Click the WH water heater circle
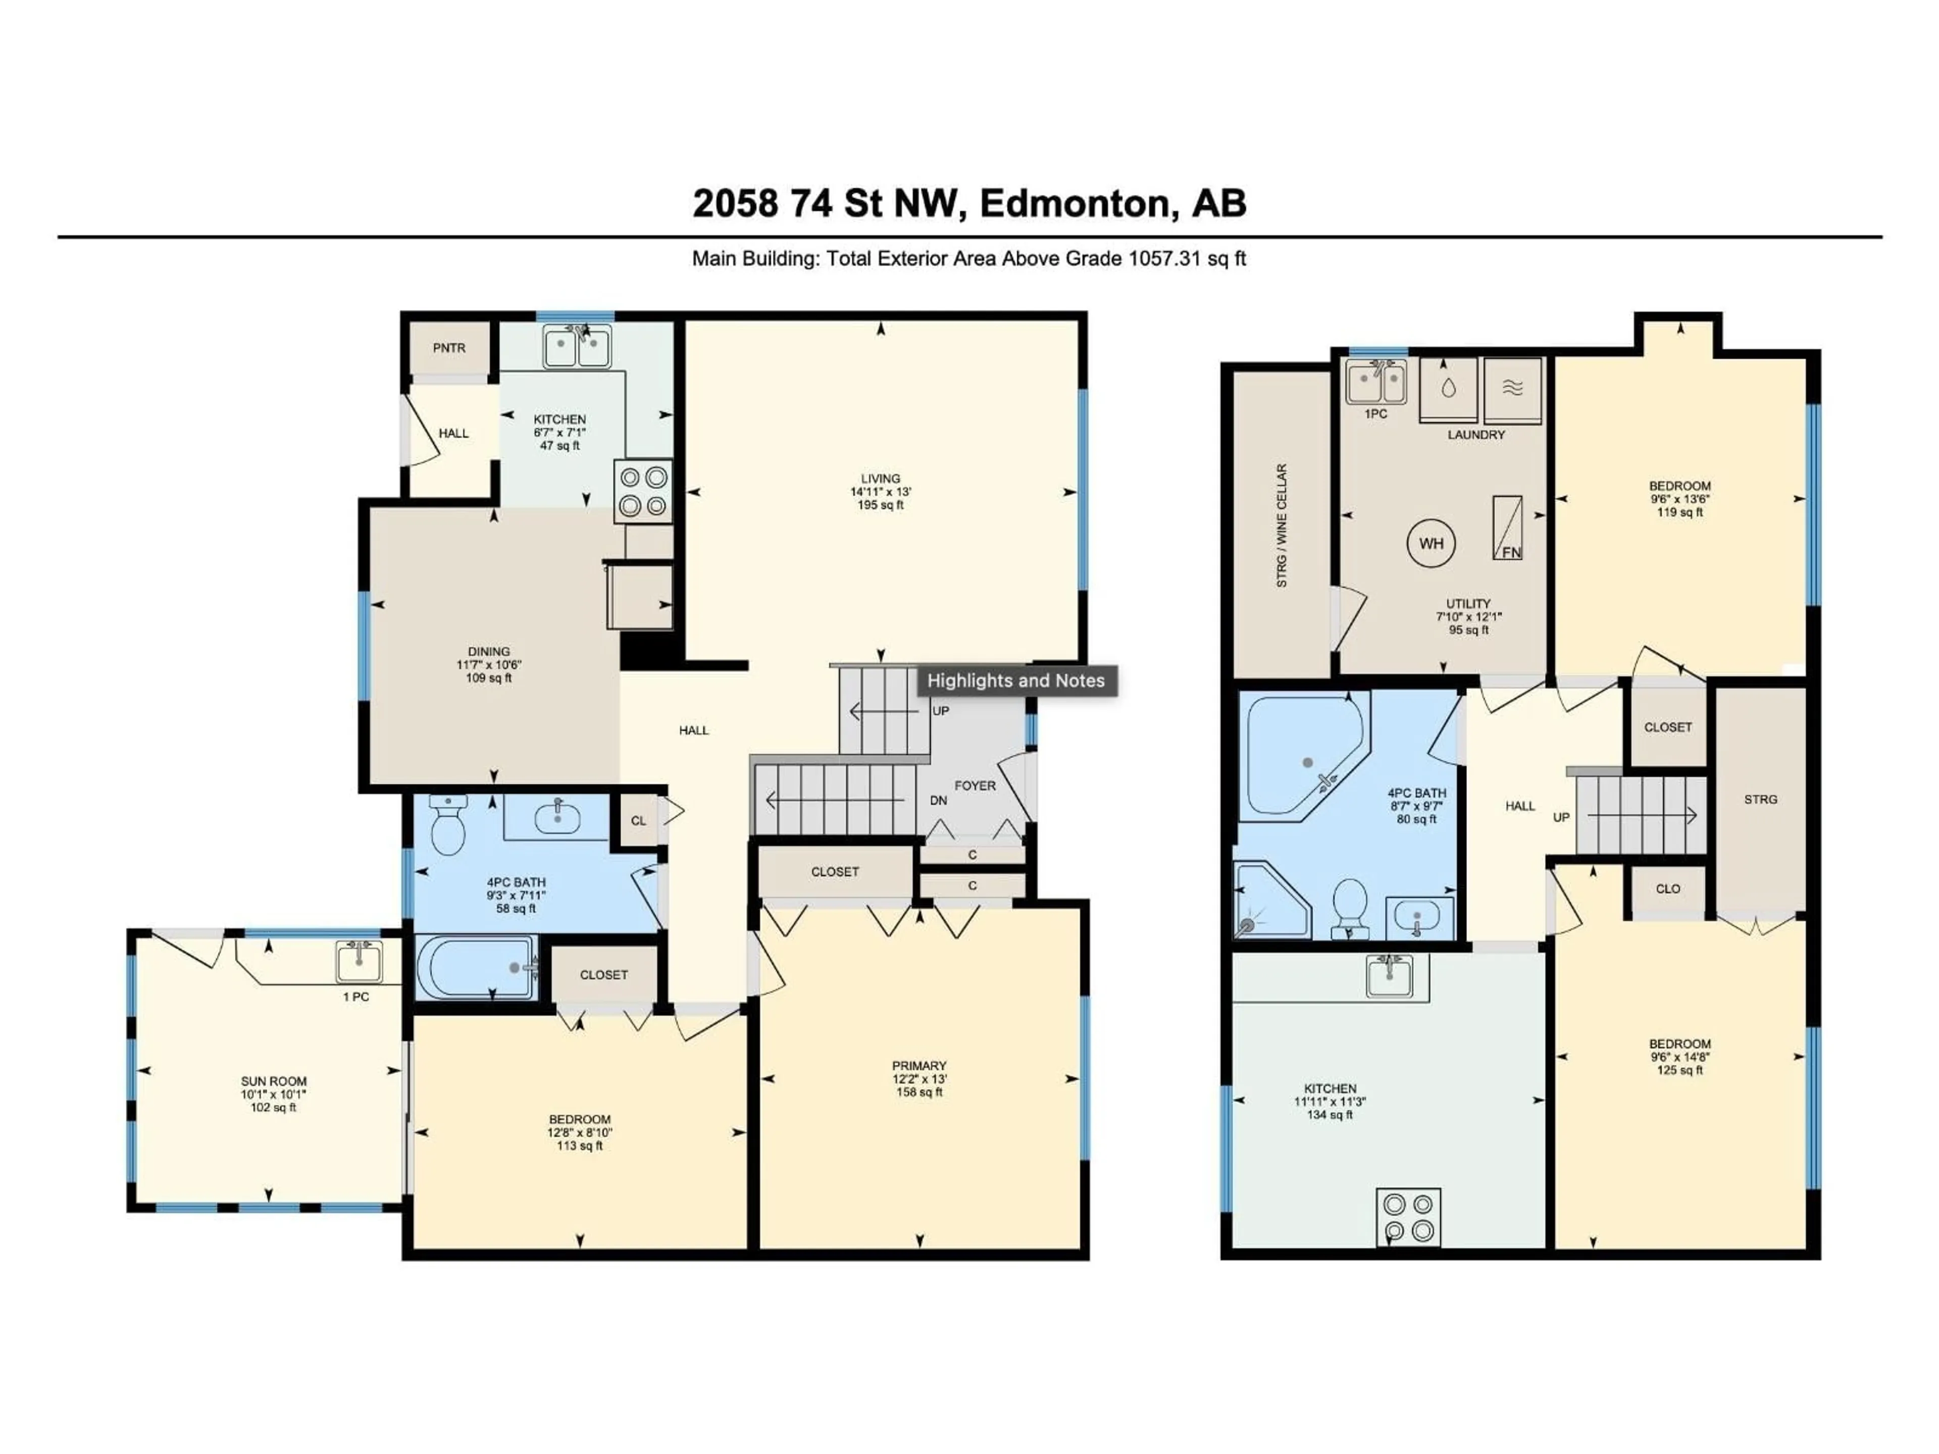coord(1431,543)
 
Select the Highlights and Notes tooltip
coord(1016,681)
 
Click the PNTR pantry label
coord(449,348)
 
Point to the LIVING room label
coord(880,479)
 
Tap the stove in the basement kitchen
coord(1408,1217)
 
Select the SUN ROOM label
coord(274,1081)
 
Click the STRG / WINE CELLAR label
coord(1282,526)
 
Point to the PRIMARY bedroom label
coord(919,1066)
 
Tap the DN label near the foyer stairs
coord(938,800)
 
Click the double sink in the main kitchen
coord(577,347)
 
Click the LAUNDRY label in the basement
coord(1476,435)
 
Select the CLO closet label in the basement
coord(1667,889)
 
